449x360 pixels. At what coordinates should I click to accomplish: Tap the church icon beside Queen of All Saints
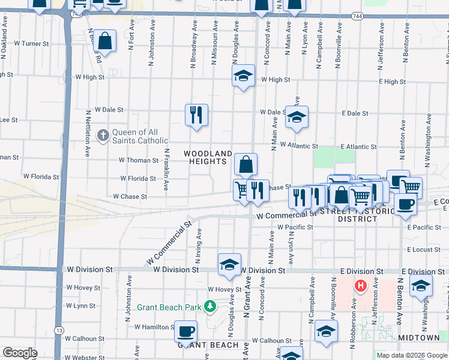pyautogui.click(x=103, y=136)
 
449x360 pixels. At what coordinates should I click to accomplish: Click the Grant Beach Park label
pyautogui.click(x=169, y=307)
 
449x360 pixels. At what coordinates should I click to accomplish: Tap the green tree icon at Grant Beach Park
pyautogui.click(x=210, y=307)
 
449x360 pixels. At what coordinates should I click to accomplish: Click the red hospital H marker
pyautogui.click(x=361, y=286)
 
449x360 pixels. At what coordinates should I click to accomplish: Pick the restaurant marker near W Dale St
pyautogui.click(x=196, y=115)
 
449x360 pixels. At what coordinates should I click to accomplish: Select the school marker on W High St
pyautogui.click(x=243, y=76)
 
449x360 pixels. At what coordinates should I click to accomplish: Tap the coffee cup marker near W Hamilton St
pyautogui.click(x=185, y=330)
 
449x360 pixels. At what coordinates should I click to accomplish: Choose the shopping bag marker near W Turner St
pyautogui.click(x=104, y=41)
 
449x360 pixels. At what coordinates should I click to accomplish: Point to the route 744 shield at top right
pyautogui.click(x=358, y=16)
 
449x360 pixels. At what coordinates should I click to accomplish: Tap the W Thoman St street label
pyautogui.click(x=138, y=160)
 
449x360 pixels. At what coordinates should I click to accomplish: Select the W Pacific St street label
pyautogui.click(x=295, y=227)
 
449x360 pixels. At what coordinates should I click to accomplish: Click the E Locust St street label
pyautogui.click(x=424, y=249)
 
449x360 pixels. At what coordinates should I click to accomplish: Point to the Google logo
pyautogui.click(x=20, y=353)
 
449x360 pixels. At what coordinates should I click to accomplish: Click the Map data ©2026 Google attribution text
pyautogui.click(x=411, y=355)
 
